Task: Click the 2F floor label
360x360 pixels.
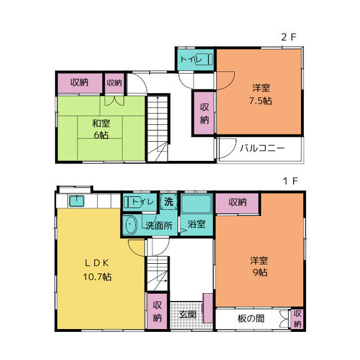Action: pyautogui.click(x=289, y=37)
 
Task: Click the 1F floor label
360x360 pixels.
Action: pyautogui.click(x=290, y=181)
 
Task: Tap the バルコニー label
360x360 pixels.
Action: pyautogui.click(x=262, y=148)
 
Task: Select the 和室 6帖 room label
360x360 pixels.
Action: pyautogui.click(x=101, y=129)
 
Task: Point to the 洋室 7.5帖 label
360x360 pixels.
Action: pyautogui.click(x=261, y=94)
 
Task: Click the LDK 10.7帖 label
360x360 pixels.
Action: pyautogui.click(x=97, y=270)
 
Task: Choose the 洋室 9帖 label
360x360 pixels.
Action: pyautogui.click(x=259, y=267)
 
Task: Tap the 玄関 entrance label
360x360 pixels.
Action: pyautogui.click(x=187, y=314)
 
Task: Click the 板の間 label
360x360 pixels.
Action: pyautogui.click(x=251, y=318)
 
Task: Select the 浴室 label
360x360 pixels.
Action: pyautogui.click(x=196, y=224)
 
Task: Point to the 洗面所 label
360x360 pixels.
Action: pyautogui.click(x=159, y=226)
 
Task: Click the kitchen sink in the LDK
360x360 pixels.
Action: pyautogui.click(x=76, y=201)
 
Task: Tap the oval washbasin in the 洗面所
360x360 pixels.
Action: pyautogui.click(x=131, y=225)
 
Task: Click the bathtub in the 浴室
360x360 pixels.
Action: pyautogui.click(x=196, y=204)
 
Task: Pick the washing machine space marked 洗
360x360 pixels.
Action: pyautogui.click(x=169, y=201)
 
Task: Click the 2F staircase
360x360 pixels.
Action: pyautogui.click(x=157, y=129)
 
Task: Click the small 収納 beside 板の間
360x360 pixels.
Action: pyautogui.click(x=297, y=319)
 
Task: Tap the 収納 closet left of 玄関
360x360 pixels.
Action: pyautogui.click(x=157, y=311)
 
